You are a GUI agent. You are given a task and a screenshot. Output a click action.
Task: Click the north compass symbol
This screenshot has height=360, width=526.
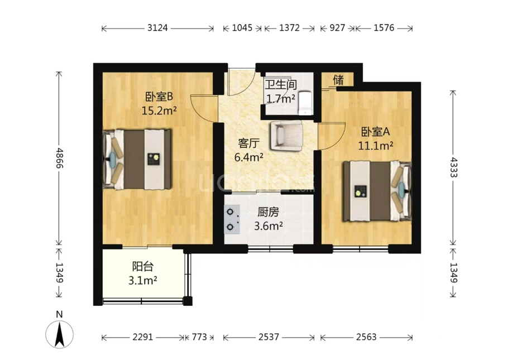pyautogui.click(x=59, y=334)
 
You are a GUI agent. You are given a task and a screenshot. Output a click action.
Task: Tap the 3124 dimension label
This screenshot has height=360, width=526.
pyautogui.click(x=157, y=27)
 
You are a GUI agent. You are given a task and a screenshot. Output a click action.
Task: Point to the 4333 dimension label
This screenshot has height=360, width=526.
pyautogui.click(x=453, y=167)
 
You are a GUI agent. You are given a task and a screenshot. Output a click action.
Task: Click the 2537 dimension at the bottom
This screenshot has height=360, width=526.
pyautogui.click(x=269, y=337)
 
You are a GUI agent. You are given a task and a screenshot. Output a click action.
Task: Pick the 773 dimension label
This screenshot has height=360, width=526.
pyautogui.click(x=199, y=337)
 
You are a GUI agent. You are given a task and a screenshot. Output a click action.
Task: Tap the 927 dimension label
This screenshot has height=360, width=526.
pyautogui.click(x=337, y=27)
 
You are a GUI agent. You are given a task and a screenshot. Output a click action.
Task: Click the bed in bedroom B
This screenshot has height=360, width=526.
pyautogui.click(x=137, y=160)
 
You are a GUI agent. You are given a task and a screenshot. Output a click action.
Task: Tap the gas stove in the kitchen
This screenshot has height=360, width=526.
pyautogui.click(x=232, y=219)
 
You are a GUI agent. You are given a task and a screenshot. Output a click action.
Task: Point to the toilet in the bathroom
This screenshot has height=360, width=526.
pyautogui.click(x=305, y=102)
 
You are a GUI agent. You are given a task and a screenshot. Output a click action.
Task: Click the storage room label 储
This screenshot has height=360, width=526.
pyautogui.click(x=338, y=80)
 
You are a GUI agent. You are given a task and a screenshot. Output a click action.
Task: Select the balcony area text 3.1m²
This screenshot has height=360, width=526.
pyautogui.click(x=142, y=280)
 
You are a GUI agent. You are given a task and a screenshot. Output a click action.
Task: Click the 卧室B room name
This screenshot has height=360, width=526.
pyautogui.click(x=159, y=97)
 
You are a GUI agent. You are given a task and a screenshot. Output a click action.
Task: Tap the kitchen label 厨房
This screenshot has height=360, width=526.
pyautogui.click(x=268, y=212)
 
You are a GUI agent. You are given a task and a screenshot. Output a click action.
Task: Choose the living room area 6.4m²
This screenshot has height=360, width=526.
pyautogui.click(x=248, y=157)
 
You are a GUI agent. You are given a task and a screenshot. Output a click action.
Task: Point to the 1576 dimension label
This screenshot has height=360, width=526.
pyautogui.click(x=384, y=27)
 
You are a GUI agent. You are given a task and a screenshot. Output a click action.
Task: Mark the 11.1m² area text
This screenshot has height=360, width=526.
pyautogui.click(x=376, y=146)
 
